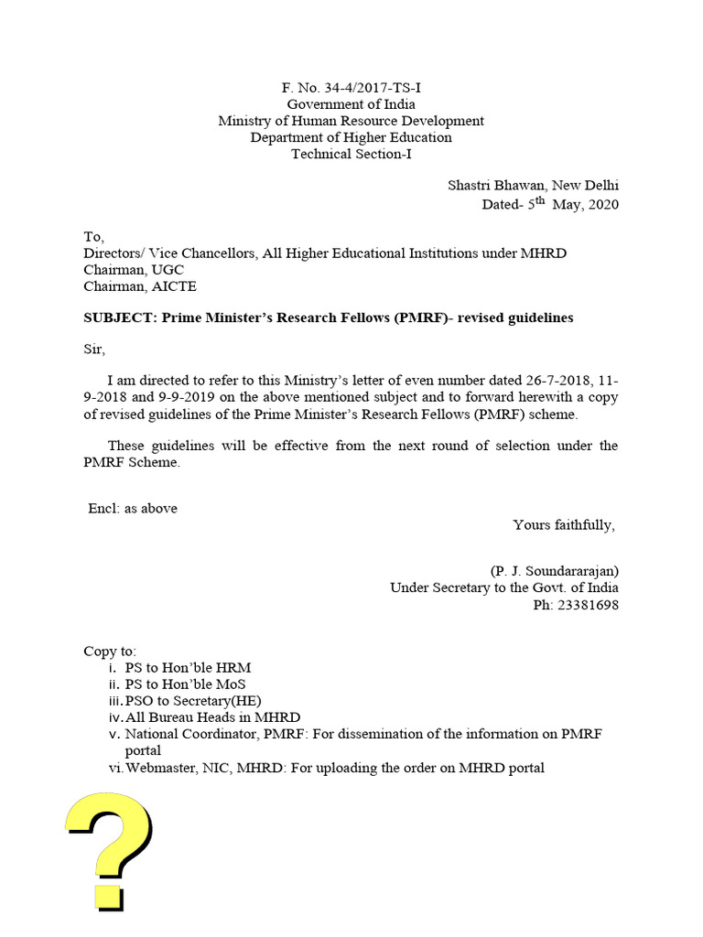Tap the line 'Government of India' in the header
tap(351, 104)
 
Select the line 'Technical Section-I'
tap(351, 154)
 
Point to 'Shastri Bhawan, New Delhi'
tap(533, 185)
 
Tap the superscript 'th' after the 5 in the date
tap(540, 199)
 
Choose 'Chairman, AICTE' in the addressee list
tap(140, 286)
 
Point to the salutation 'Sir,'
tap(94, 349)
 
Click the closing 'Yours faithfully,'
tap(564, 524)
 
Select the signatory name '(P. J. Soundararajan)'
tap(554, 571)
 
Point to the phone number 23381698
tap(589, 605)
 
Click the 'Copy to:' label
tap(109, 652)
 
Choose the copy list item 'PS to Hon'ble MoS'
tap(185, 684)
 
